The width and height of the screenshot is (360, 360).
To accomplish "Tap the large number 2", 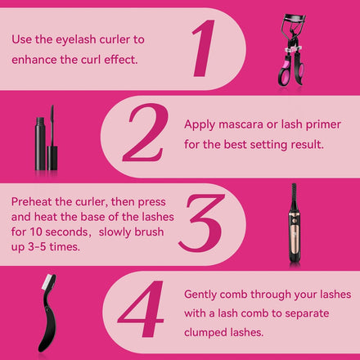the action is (x=145, y=133).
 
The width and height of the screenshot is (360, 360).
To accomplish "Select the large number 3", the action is (x=201, y=223).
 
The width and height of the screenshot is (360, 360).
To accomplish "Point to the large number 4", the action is (x=142, y=310).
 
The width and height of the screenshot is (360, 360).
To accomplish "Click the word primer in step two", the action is (x=323, y=125).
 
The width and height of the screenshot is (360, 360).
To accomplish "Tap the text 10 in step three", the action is (x=36, y=232).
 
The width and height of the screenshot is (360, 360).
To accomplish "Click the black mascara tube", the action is (x=40, y=143).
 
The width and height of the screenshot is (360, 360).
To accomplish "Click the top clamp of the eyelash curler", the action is (x=294, y=18).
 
